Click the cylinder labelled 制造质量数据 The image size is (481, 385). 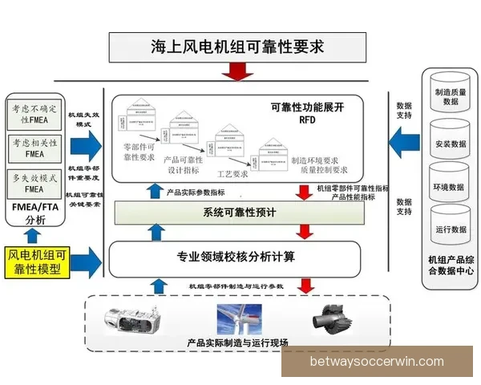tap(451, 95)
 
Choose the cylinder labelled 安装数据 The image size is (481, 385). tap(451, 139)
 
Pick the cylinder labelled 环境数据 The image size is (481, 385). tap(451, 181)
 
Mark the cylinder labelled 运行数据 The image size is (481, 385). tap(451, 225)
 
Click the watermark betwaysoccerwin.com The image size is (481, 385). tap(377, 362)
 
